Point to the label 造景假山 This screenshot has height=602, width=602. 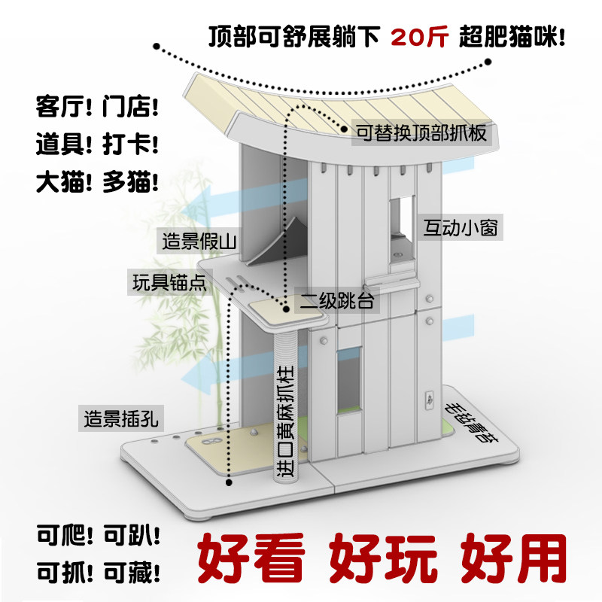click(x=199, y=242)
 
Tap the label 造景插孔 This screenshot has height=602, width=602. click(x=120, y=418)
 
